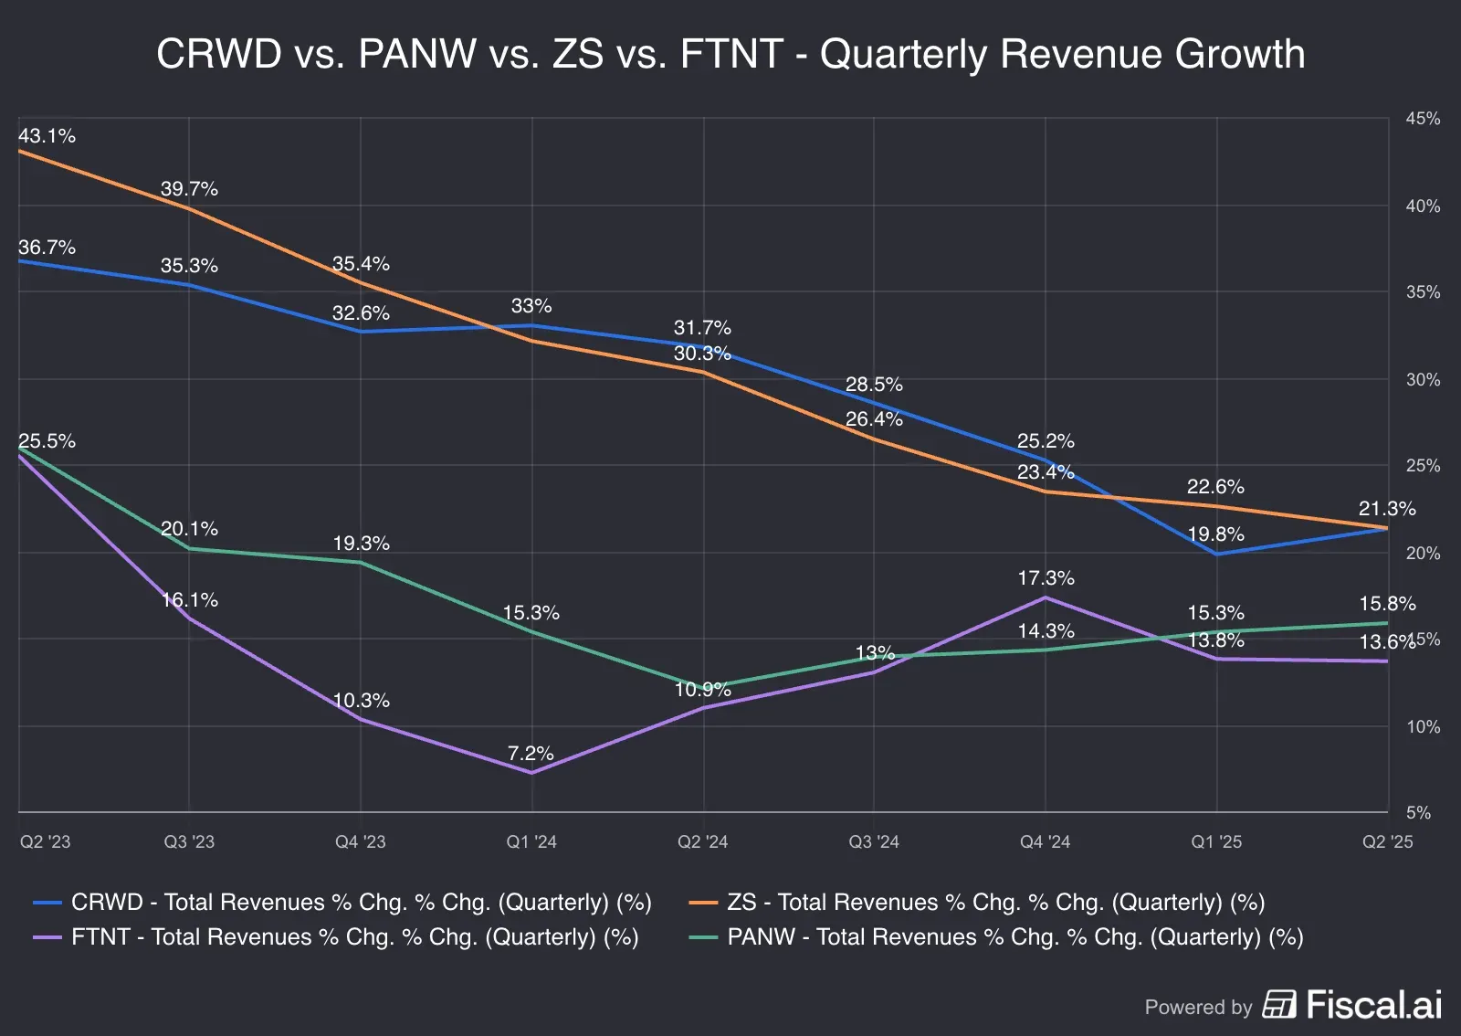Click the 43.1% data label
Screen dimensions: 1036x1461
[x=47, y=136]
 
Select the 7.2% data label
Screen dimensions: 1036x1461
[x=531, y=754]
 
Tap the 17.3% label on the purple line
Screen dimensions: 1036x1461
[x=1046, y=578]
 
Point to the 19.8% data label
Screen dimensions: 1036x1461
[x=1215, y=534]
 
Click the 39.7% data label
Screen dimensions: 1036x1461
[x=189, y=189]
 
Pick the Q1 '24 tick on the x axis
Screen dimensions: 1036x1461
[x=531, y=841]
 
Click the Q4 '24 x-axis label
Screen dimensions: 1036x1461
[x=1045, y=841]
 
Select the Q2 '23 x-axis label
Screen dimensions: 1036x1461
[x=45, y=841]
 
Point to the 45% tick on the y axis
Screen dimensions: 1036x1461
[x=1423, y=119]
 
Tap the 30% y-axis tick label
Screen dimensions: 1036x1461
[x=1423, y=379]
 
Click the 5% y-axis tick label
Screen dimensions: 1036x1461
[x=1418, y=812]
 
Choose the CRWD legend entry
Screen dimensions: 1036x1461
[x=342, y=903]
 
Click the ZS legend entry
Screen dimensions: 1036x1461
[x=977, y=903]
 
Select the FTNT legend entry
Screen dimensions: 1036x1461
[x=336, y=937]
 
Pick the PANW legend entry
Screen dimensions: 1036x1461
[x=996, y=937]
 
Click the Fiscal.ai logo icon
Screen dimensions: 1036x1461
[x=1279, y=1005]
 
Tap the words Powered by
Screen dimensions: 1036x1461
[x=1198, y=1007]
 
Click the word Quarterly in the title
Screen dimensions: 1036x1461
[x=903, y=54]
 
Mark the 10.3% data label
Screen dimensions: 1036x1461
[x=361, y=701]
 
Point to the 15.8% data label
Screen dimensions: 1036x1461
[x=1387, y=604]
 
